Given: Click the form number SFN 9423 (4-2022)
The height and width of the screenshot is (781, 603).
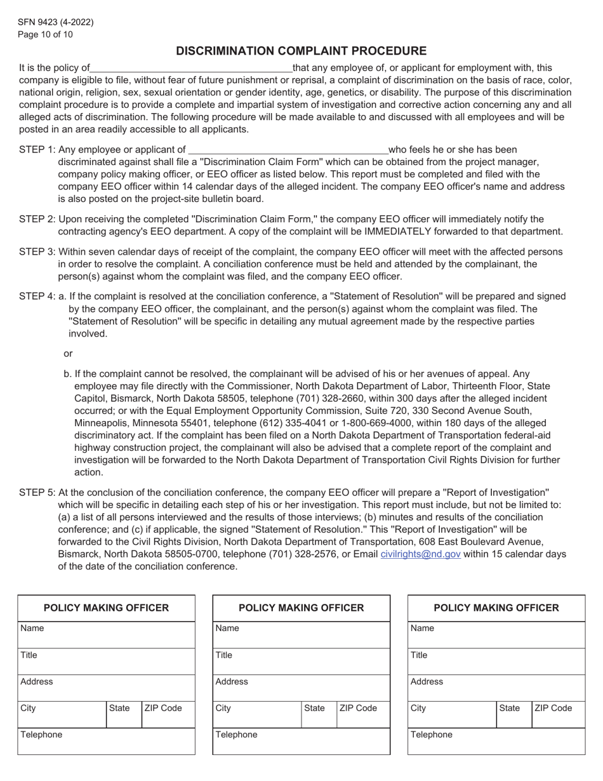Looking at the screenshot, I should (56, 22).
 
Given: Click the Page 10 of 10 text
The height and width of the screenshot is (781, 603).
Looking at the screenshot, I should (46, 34).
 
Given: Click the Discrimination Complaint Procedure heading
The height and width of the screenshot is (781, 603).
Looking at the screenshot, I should (301, 51).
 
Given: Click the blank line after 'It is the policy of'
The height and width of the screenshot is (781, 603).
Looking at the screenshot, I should (191, 69).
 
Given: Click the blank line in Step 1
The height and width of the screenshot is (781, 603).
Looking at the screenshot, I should (289, 150).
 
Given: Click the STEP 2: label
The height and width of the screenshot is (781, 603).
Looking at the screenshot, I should (37, 220).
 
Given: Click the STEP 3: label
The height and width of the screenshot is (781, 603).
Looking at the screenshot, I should (37, 252).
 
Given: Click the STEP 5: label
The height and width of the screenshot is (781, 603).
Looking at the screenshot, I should (37, 493).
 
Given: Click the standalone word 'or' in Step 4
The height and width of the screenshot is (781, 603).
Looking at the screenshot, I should (69, 353).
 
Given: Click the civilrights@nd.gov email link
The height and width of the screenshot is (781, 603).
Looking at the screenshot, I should (420, 554).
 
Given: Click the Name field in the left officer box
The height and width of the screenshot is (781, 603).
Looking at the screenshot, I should (106, 635).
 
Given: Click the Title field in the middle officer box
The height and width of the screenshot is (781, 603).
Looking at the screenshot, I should (301, 662).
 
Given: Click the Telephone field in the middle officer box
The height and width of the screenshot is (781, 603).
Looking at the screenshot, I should (301, 742).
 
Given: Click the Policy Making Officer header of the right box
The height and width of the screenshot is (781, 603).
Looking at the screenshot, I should (496, 608).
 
